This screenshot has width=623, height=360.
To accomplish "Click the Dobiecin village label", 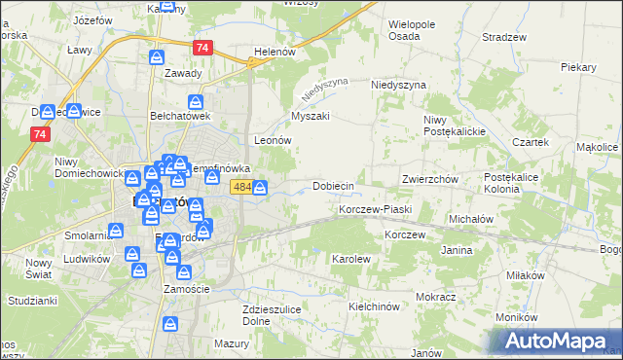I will pyautogui.click(x=332, y=186).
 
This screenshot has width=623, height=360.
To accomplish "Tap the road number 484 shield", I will pyautogui.click(x=242, y=186).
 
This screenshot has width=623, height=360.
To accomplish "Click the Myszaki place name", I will pyautogui.click(x=311, y=116).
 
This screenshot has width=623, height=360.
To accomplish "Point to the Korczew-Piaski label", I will pyautogui.click(x=376, y=209).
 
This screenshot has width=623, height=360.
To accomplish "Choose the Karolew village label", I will pyautogui.click(x=351, y=260).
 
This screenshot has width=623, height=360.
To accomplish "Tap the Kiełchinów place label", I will pyautogui.click(x=375, y=306).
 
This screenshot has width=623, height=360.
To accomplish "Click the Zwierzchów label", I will pyautogui.click(x=430, y=180).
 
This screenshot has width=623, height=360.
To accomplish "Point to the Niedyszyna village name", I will pyautogui.click(x=399, y=86).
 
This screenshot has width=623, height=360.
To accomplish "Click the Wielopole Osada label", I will pyautogui.click(x=418, y=29).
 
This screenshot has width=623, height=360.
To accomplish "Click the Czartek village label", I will pyautogui.click(x=531, y=142).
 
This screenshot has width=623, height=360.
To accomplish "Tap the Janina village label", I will pyautogui.click(x=457, y=251).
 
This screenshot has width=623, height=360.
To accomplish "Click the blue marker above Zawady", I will pyautogui.click(x=158, y=57).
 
